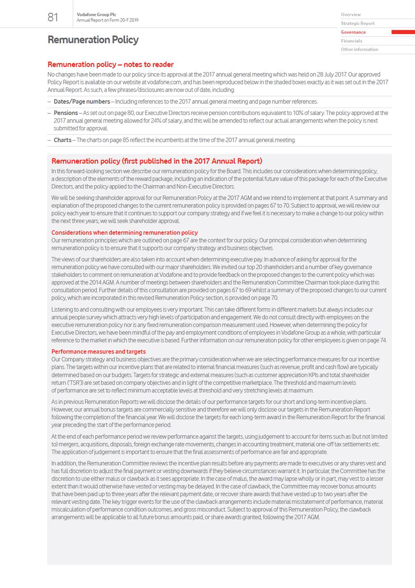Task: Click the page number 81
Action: tap(53, 17)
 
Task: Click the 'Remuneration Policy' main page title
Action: tap(93, 40)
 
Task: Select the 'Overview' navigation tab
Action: tap(351, 14)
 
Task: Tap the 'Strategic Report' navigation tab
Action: tap(357, 24)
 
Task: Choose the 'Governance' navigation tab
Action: tap(353, 32)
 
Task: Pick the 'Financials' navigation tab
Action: tap(352, 41)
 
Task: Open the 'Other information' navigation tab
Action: tap(359, 49)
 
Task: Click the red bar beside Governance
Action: tap(403, 32)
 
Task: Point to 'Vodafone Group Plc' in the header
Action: tap(96, 14)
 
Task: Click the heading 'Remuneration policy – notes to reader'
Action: tap(110, 64)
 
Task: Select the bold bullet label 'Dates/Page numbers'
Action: tap(82, 101)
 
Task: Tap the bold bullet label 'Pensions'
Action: tap(65, 113)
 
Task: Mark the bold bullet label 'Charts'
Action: tap(62, 140)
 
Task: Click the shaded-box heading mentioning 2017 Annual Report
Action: tap(156, 161)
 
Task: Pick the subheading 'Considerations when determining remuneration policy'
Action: tap(124, 233)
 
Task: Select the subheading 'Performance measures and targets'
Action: tap(98, 352)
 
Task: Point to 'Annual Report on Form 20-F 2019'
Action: tap(107, 20)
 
